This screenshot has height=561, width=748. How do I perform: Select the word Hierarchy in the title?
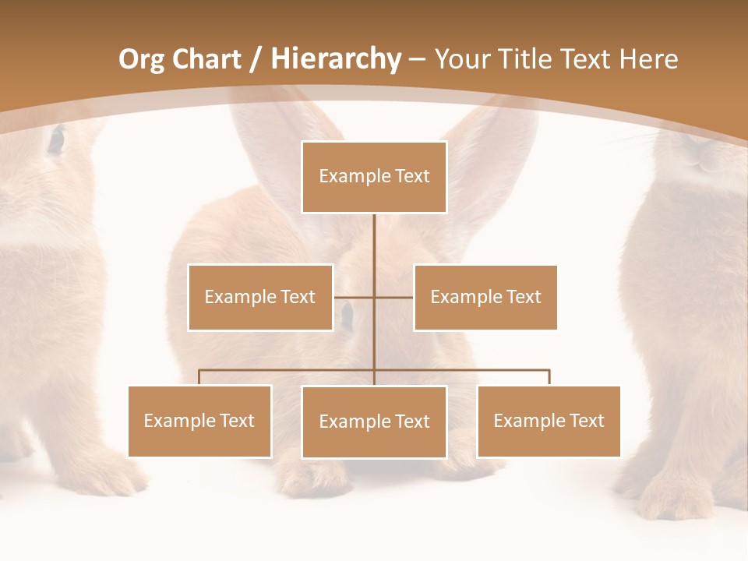tap(335, 59)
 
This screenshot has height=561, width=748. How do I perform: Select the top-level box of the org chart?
tap(374, 177)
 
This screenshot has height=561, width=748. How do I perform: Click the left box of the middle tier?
tap(260, 297)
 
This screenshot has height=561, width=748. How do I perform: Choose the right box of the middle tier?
tap(485, 297)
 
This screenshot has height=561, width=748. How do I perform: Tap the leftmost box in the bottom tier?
tap(199, 421)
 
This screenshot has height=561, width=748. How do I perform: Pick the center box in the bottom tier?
tap(374, 422)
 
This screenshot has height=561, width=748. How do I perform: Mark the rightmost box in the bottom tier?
tap(549, 421)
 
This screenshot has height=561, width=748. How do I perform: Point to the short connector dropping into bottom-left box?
tap(199, 377)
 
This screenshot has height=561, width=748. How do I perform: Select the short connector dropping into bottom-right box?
tap(549, 377)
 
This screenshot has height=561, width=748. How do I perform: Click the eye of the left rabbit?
tap(55, 139)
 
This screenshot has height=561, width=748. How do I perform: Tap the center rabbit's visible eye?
tap(346, 316)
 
